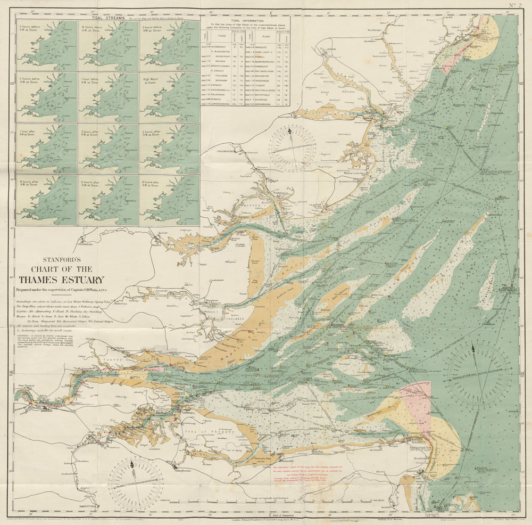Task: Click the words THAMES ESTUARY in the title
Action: point(62,280)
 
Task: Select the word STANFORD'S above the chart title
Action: point(61,261)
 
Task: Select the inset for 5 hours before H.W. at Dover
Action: point(46,46)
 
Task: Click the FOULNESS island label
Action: point(234,318)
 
